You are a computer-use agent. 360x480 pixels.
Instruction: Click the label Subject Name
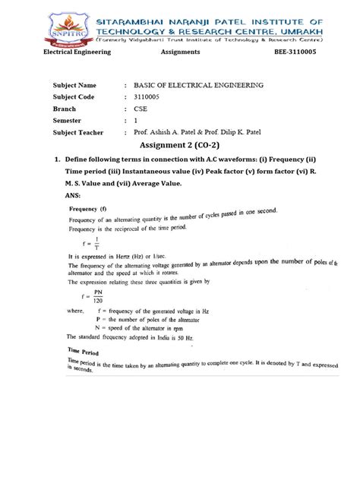click(74, 86)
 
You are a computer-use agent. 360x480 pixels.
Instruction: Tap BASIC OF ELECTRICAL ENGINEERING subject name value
click(198, 86)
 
